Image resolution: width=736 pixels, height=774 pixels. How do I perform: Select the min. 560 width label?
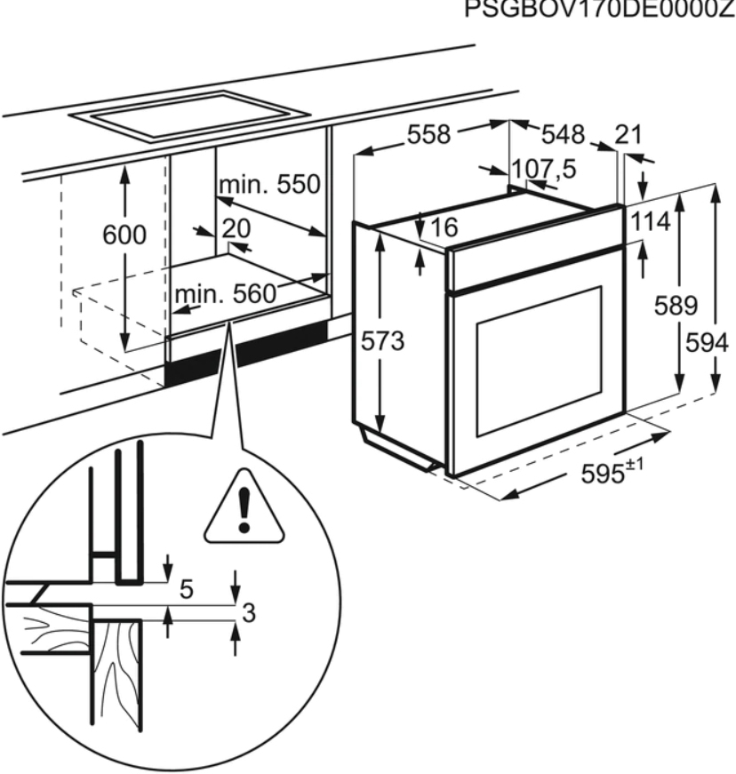224,293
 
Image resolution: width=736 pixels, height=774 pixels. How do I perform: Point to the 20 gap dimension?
236,229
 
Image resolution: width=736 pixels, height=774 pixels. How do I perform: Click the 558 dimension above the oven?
429,134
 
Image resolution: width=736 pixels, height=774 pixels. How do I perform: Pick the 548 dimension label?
564,134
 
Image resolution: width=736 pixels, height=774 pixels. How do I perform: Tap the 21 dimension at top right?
628,134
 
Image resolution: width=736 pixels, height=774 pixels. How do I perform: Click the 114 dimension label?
651,223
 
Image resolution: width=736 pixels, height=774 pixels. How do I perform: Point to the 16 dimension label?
443,228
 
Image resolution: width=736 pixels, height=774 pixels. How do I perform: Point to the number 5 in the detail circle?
187,588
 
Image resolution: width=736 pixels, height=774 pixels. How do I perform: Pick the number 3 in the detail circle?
250,612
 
